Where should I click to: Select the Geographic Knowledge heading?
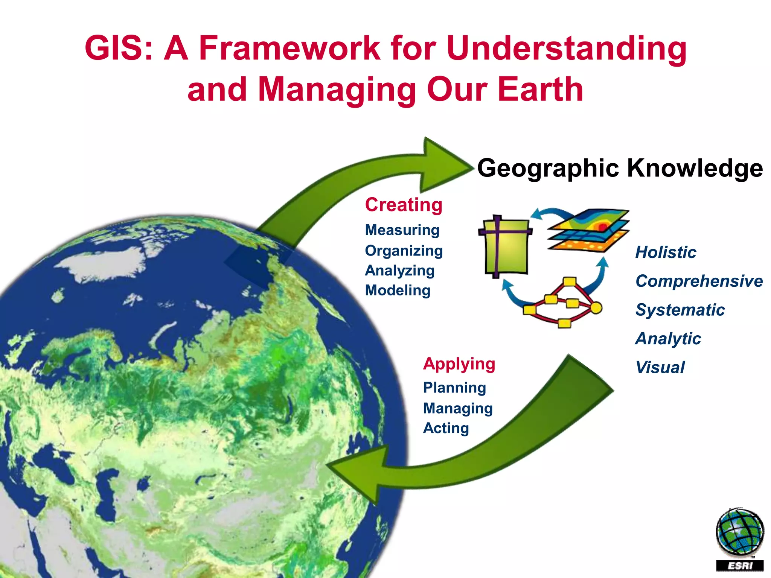(620, 168)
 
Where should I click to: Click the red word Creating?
(404, 205)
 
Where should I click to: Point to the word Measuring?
(402, 230)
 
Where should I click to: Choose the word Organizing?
(404, 251)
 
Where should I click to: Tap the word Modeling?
(398, 291)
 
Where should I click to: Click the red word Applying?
(459, 364)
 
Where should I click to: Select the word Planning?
(454, 388)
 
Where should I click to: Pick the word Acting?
(446, 428)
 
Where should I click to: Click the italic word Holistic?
(666, 252)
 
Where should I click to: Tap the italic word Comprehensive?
(699, 281)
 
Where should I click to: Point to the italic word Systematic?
(680, 310)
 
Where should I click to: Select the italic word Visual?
(660, 368)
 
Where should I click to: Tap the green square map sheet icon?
(506, 246)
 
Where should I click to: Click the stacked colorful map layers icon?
(588, 230)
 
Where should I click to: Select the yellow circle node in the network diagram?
(596, 308)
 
